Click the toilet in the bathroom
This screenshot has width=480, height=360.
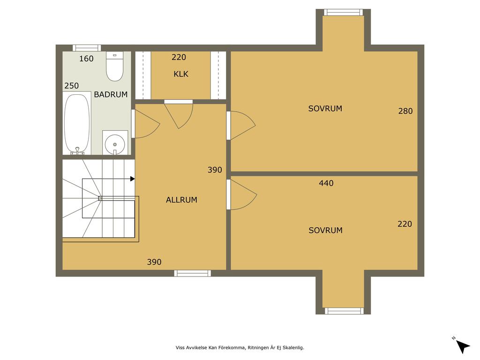[115, 67]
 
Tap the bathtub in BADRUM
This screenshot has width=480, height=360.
[77, 124]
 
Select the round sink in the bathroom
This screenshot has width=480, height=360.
[115, 144]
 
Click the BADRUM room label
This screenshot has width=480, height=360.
[111, 94]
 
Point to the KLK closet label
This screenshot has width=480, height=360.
[181, 74]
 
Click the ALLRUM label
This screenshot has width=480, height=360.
[181, 200]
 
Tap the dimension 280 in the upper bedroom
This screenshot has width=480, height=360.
[405, 111]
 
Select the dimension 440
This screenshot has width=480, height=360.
[326, 183]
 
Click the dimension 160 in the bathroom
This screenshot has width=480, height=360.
[86, 59]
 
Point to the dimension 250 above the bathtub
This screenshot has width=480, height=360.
[71, 86]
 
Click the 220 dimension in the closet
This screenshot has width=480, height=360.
[179, 57]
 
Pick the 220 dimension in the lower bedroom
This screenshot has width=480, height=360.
[405, 224]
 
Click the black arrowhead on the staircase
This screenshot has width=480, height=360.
[133, 179]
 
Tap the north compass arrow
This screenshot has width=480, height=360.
[463, 346]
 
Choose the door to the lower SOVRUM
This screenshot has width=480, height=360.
[242, 195]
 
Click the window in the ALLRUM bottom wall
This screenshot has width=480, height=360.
[193, 273]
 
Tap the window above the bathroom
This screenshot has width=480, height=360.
[87, 48]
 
